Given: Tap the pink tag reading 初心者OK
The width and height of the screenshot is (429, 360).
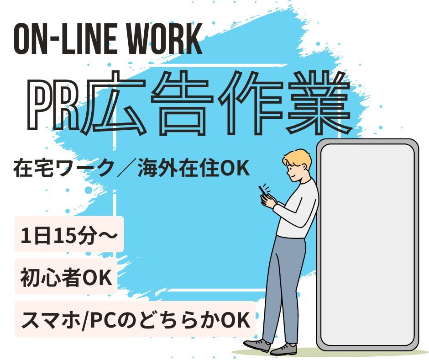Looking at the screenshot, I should [x=66, y=279].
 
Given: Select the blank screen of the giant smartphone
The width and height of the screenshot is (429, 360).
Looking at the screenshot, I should [x=367, y=247].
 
